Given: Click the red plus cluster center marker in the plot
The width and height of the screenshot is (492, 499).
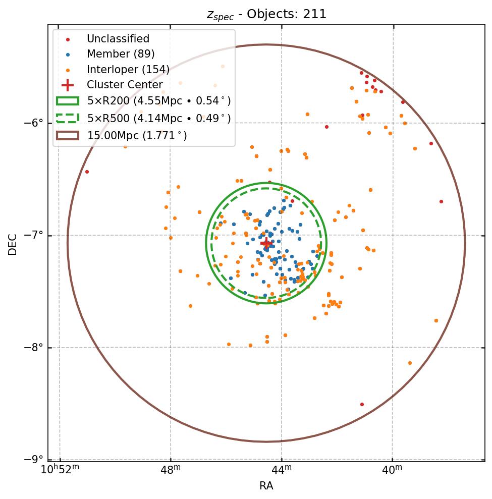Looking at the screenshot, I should click(x=266, y=243).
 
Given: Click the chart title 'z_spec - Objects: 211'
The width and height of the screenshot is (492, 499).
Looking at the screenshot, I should click(x=266, y=14).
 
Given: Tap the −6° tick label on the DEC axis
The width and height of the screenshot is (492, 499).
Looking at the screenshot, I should click(x=35, y=123).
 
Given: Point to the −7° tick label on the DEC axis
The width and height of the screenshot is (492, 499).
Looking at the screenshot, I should click(x=35, y=236).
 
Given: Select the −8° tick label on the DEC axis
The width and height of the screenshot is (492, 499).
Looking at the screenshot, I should click(x=35, y=348).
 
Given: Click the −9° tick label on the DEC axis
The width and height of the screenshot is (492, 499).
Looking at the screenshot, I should click(x=35, y=460).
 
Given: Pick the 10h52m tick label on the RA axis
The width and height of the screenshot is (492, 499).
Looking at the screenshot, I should click(x=60, y=470).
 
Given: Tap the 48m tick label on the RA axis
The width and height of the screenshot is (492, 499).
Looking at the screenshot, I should click(x=171, y=470).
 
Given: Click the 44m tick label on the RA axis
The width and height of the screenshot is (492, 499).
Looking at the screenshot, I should click(x=282, y=470).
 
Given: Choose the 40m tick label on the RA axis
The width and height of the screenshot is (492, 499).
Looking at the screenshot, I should click(x=392, y=470).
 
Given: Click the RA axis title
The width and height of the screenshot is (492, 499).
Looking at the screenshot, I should click(x=266, y=486).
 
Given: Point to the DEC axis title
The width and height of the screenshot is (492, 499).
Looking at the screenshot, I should click(x=13, y=244).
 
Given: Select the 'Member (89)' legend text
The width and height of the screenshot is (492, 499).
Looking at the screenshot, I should click(x=121, y=54).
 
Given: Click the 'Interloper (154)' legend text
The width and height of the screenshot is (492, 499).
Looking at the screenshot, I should click(x=128, y=70).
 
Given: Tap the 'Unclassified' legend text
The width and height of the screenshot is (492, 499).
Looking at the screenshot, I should click(x=118, y=39).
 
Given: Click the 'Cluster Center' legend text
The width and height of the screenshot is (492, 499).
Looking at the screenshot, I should click(x=125, y=85).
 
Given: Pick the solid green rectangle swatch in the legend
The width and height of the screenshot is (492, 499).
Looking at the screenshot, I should click(x=67, y=101).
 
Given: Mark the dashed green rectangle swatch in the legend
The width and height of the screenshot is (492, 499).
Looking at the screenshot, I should click(x=67, y=118).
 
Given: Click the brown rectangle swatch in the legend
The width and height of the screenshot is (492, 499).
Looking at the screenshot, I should click(x=67, y=135).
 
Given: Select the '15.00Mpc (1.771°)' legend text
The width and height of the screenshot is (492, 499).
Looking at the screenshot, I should click(x=137, y=135).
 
